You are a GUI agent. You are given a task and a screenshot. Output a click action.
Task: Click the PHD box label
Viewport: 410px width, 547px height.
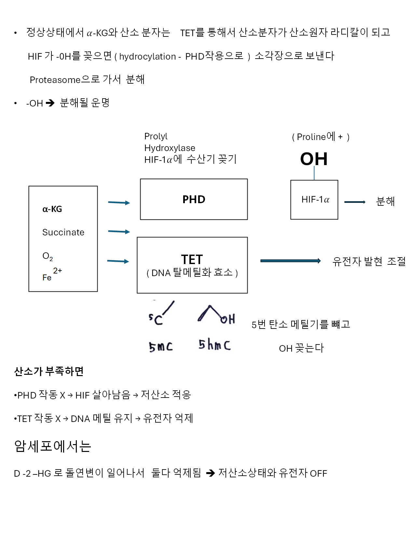pyautogui.click(x=194, y=199)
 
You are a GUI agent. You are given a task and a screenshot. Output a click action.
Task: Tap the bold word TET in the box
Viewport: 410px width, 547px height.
pyautogui.click(x=192, y=259)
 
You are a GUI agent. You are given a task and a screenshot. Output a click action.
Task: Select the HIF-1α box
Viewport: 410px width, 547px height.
pyautogui.click(x=314, y=200)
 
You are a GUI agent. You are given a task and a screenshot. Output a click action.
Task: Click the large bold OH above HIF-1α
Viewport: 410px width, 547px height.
pyautogui.click(x=314, y=159)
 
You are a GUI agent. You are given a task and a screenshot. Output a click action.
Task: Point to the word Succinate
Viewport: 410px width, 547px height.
pyautogui.click(x=63, y=232)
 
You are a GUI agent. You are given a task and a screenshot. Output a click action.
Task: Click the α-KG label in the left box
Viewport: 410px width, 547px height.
pyautogui.click(x=52, y=209)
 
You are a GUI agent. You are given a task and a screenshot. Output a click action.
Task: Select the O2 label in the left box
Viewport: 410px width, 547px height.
pyautogui.click(x=48, y=256)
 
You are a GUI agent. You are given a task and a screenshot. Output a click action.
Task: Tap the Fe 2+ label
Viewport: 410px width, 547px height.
pyautogui.click(x=52, y=274)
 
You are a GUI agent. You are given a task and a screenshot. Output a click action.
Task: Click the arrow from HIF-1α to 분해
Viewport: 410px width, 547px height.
pyautogui.click(x=355, y=202)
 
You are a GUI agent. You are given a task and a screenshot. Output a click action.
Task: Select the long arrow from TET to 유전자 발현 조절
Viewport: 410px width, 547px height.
pyautogui.click(x=290, y=261)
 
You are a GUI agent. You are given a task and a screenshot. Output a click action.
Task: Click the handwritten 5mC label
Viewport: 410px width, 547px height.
pyautogui.click(x=161, y=347)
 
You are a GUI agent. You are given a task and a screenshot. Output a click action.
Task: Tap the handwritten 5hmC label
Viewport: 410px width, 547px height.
pyautogui.click(x=214, y=344)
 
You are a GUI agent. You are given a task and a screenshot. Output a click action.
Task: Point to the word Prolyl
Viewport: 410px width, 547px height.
pyautogui.click(x=156, y=136)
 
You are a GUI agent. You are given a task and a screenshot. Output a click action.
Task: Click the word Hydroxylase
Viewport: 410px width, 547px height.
pyautogui.click(x=170, y=148)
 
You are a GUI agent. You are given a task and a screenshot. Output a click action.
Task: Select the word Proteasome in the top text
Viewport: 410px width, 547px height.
pyautogui.click(x=55, y=80)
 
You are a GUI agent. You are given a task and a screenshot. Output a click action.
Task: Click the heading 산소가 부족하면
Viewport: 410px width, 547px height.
pyautogui.click(x=49, y=371)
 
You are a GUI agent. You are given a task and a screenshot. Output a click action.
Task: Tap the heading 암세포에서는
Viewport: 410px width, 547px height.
pyautogui.click(x=52, y=446)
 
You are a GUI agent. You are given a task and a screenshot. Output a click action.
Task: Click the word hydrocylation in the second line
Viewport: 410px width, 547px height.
pyautogui.click(x=147, y=57)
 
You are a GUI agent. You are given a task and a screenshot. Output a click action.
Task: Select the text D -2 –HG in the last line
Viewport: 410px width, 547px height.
pyautogui.click(x=33, y=473)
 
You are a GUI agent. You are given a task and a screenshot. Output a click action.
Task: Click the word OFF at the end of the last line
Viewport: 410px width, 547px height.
pyautogui.click(x=318, y=473)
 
